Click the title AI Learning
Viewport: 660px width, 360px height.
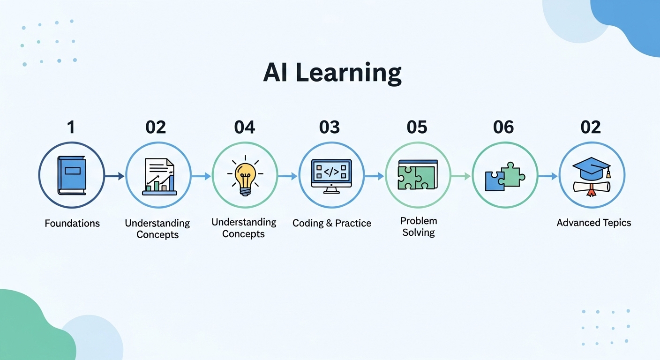tap(332, 73)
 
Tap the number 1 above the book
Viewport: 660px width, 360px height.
tap(71, 127)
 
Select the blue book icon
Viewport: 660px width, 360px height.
tap(72, 175)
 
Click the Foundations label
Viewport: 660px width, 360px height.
tap(72, 223)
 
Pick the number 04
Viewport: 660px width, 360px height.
tap(245, 127)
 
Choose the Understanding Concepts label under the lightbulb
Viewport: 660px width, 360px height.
tap(244, 228)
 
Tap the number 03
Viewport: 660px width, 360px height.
tap(330, 127)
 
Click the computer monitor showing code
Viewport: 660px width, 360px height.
tap(331, 176)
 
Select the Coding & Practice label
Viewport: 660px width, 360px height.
tap(332, 223)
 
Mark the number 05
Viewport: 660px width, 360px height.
tap(417, 127)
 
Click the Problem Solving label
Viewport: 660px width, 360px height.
tap(419, 226)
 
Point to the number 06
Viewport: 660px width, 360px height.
tap(503, 127)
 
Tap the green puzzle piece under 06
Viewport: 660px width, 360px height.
tap(513, 174)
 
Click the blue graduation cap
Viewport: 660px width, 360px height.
tap(592, 168)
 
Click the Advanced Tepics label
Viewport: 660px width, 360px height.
tap(594, 223)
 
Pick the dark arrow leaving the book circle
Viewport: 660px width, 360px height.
tap(115, 176)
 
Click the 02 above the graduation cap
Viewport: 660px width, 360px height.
tap(591, 127)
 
